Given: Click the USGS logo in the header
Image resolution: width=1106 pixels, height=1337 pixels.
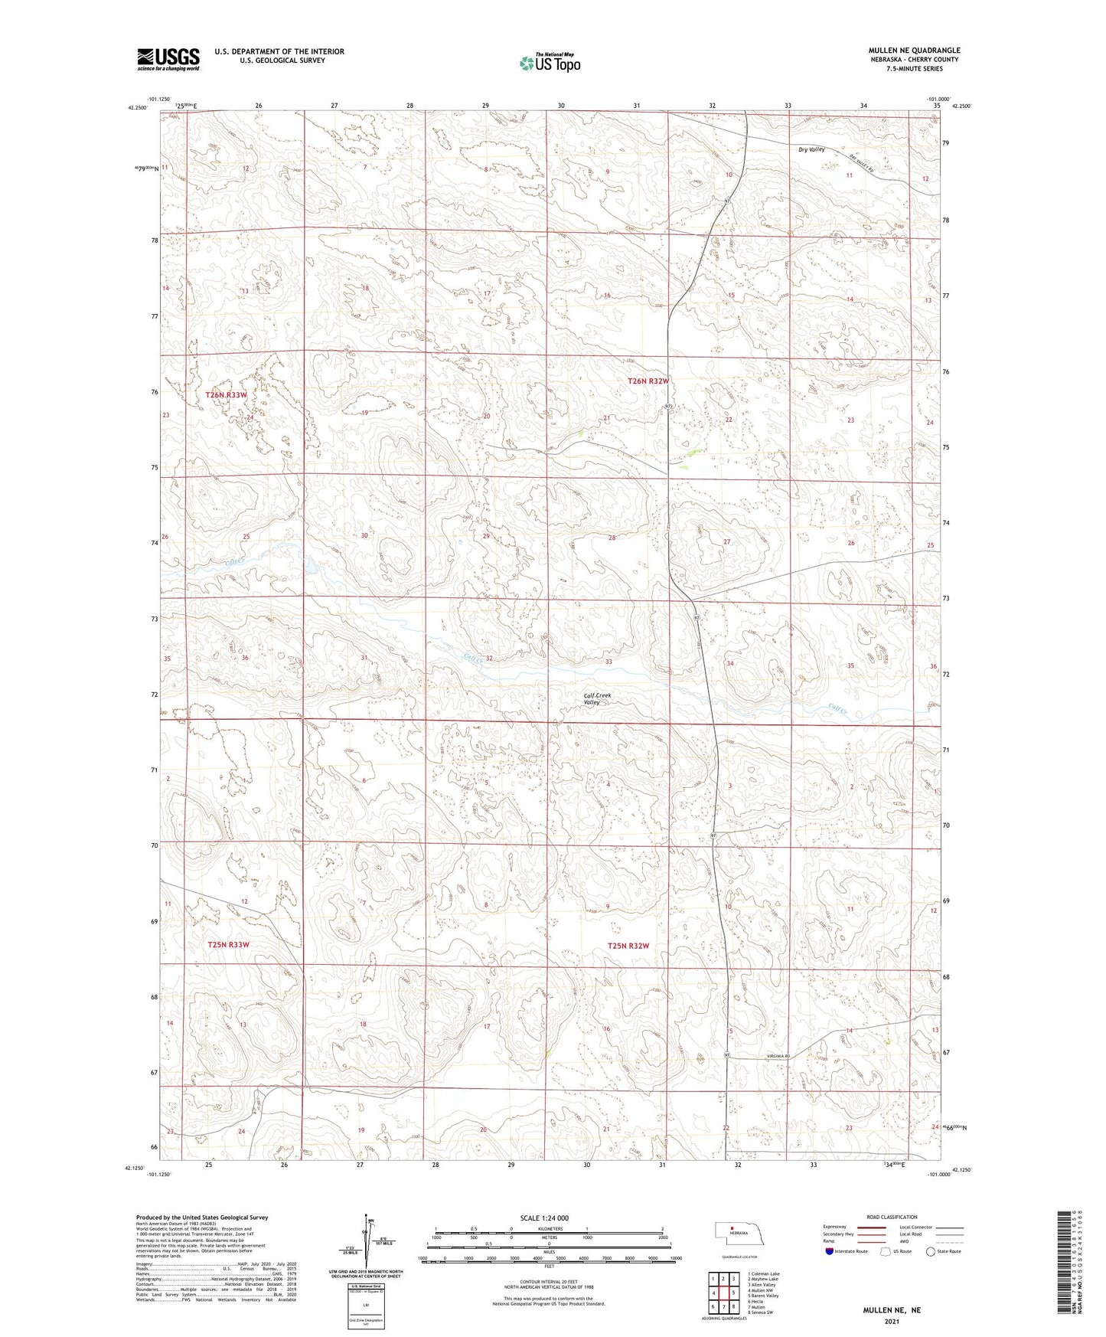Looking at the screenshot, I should pyautogui.click(x=168, y=58).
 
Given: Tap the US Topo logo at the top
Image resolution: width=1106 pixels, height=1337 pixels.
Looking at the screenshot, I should pyautogui.click(x=549, y=62).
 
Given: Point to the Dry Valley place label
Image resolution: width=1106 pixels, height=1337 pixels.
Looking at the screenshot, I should pyautogui.click(x=811, y=149).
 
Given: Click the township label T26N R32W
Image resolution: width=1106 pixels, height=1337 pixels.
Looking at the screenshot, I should pyautogui.click(x=648, y=381).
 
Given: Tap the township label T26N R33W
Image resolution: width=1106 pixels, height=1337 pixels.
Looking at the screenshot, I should pyautogui.click(x=227, y=395).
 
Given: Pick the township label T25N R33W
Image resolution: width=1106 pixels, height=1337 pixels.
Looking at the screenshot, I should pyautogui.click(x=228, y=945).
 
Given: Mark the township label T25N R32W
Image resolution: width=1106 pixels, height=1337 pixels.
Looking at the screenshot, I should pyautogui.click(x=628, y=946).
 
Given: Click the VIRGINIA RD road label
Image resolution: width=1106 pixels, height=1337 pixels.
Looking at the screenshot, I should pyautogui.click(x=777, y=1056).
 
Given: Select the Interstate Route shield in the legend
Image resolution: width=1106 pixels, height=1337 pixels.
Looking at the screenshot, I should pyautogui.click(x=830, y=1251).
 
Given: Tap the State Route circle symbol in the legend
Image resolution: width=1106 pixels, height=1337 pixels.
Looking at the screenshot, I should pyautogui.click(x=930, y=1251).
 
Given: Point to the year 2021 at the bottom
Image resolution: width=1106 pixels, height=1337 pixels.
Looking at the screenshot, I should pyautogui.click(x=892, y=1322).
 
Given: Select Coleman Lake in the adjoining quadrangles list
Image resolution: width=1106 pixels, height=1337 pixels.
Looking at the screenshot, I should pyautogui.click(x=765, y=1274).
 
